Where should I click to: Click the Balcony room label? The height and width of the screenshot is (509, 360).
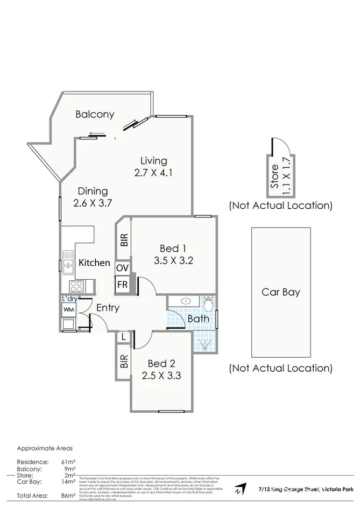coord(95,114)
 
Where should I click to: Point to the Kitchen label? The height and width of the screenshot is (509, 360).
coord(95,263)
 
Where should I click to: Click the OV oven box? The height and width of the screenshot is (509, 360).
coord(122,267)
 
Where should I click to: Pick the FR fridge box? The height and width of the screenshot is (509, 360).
coord(122,284)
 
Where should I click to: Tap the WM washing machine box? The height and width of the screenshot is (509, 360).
coord(68,309)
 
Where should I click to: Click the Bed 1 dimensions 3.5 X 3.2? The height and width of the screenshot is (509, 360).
coord(173,261)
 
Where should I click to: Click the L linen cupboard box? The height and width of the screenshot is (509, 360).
coord(124,337)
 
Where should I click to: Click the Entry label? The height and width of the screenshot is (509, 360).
coord(108,308)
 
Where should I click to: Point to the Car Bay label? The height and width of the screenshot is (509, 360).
coord(280,293)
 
